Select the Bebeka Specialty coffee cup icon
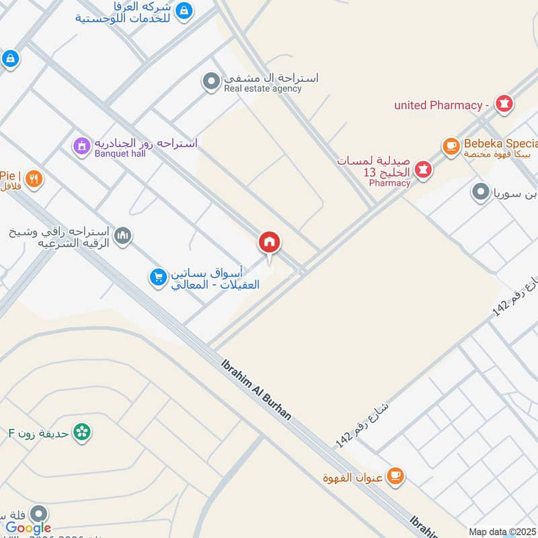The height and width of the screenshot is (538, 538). pos(451,145)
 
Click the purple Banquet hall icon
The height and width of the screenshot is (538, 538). pos(81,145)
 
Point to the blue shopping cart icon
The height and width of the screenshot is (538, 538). pos(158,277)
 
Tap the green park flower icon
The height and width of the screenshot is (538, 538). pos(82,432)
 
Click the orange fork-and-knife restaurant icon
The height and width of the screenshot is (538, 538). pos(34,179)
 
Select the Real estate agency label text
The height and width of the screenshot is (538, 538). pos(263,89)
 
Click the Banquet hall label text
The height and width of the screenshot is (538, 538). pos(120,153)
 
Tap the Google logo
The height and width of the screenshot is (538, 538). pos(28,528)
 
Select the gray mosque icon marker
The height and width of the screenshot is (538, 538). pos(122,235)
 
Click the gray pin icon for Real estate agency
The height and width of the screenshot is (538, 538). pos(211,82)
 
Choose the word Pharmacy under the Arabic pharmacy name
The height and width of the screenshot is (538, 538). pos(389,183)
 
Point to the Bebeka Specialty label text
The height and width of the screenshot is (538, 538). pos(501,144)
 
